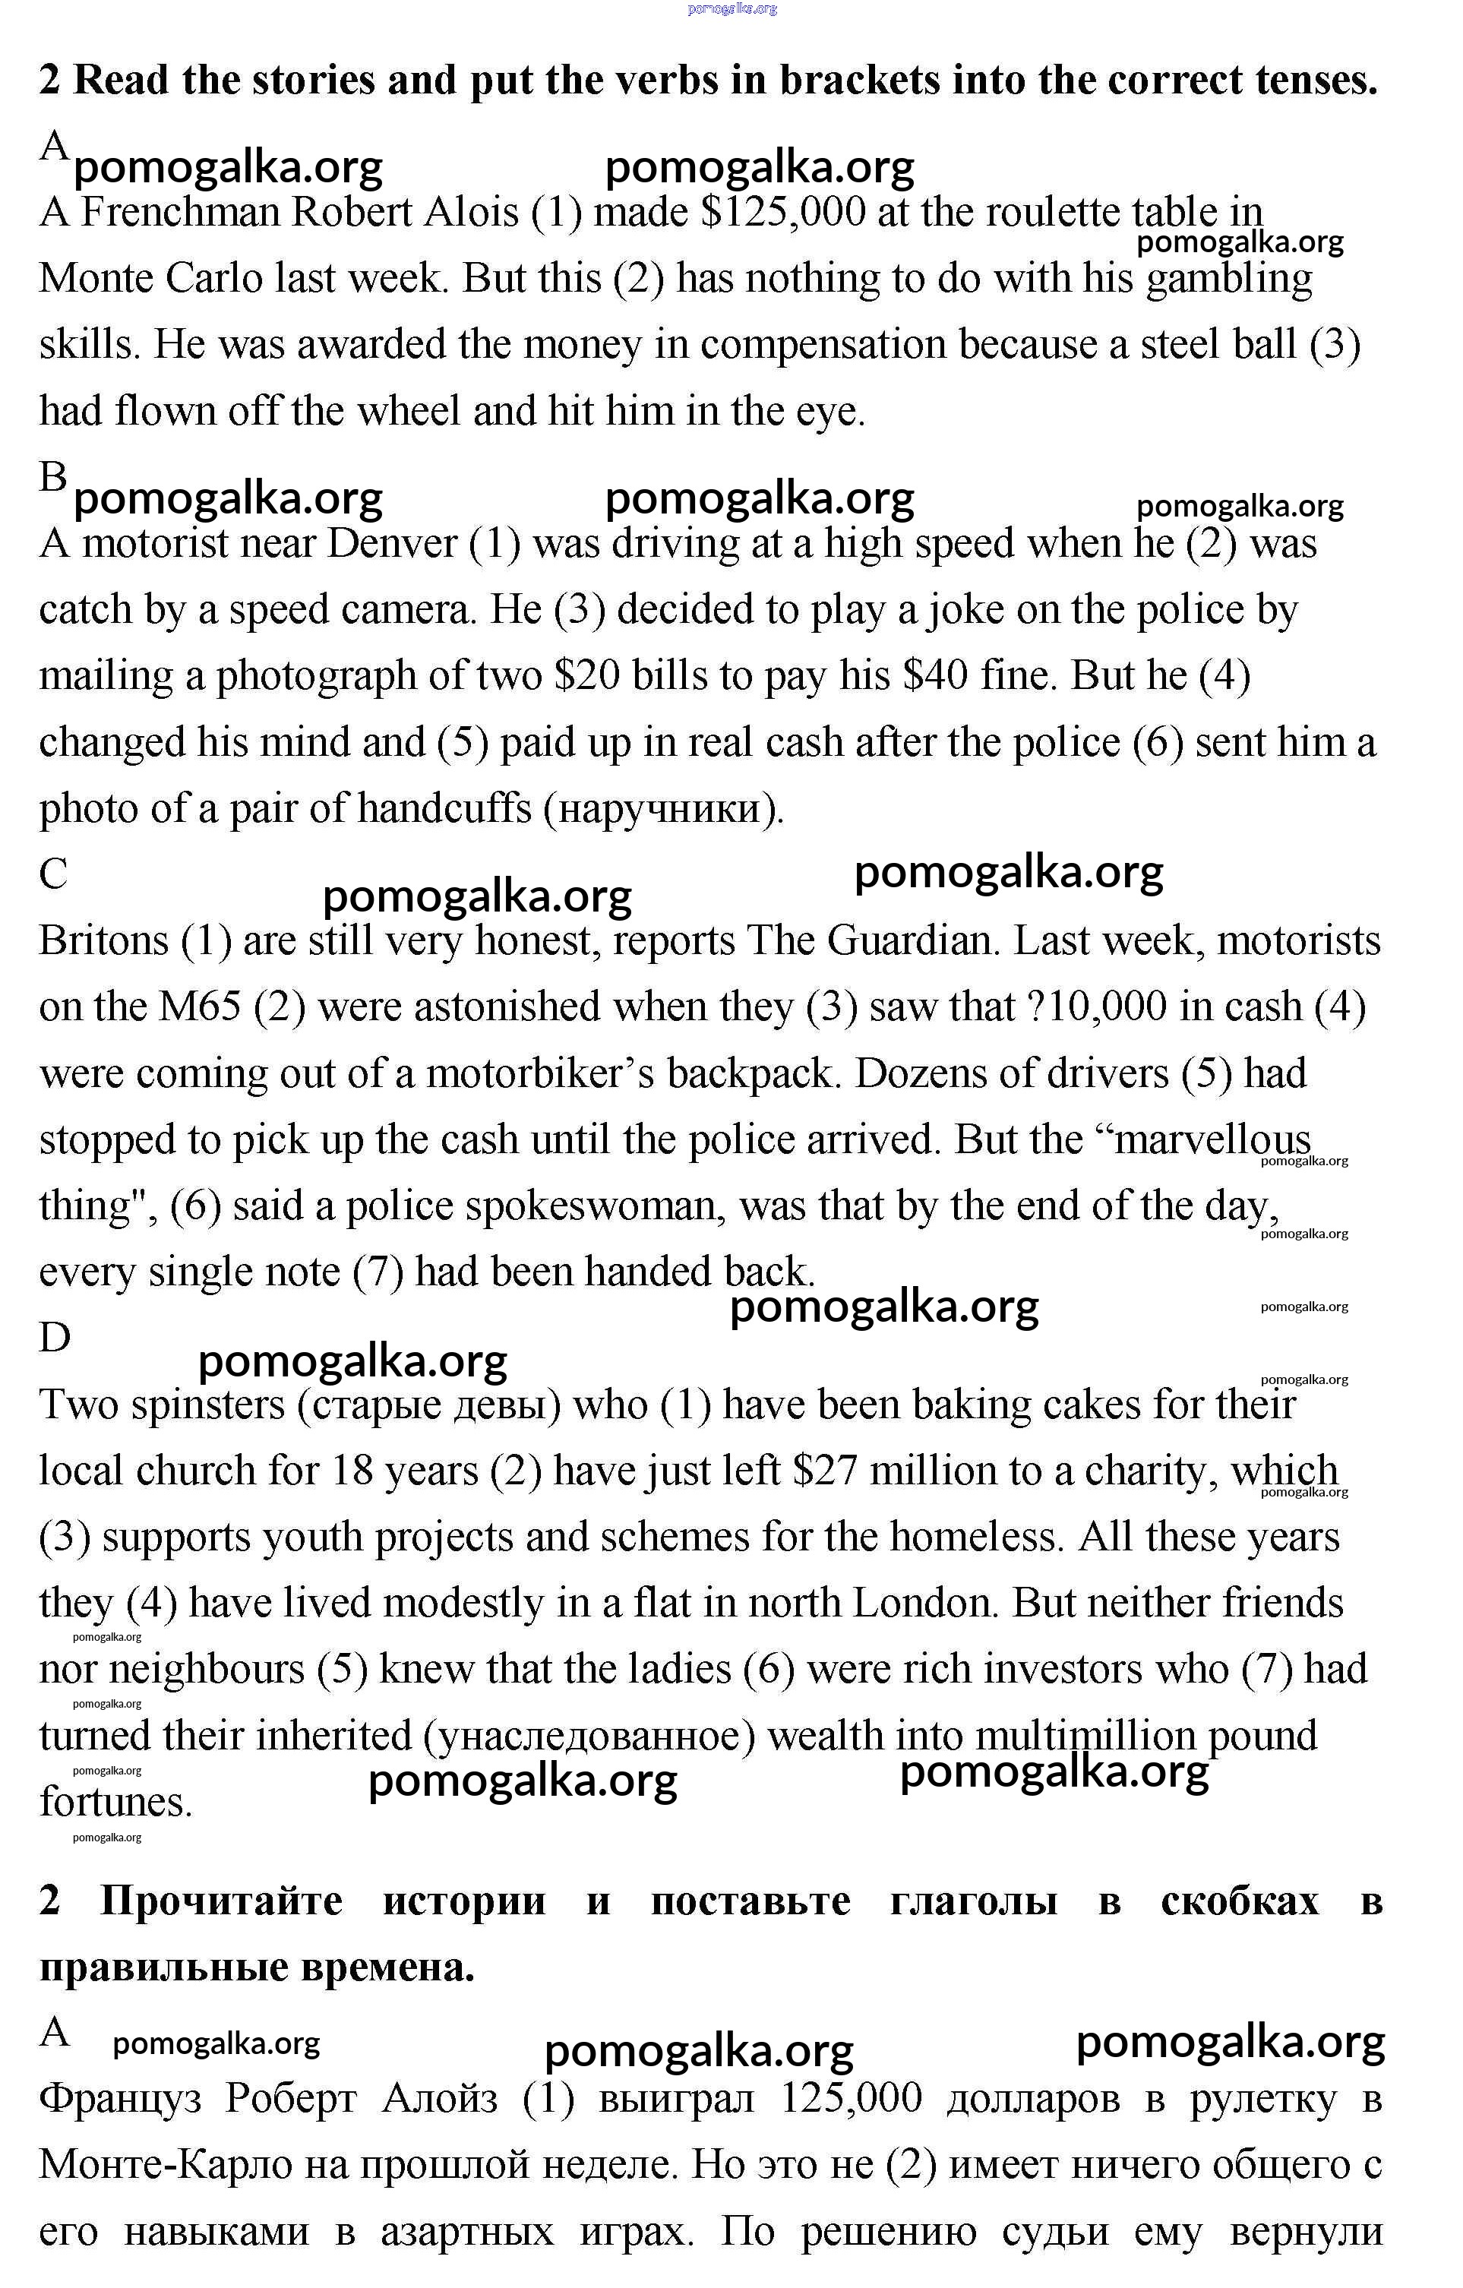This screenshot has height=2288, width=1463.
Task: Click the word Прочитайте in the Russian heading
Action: pyautogui.click(x=220, y=1901)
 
